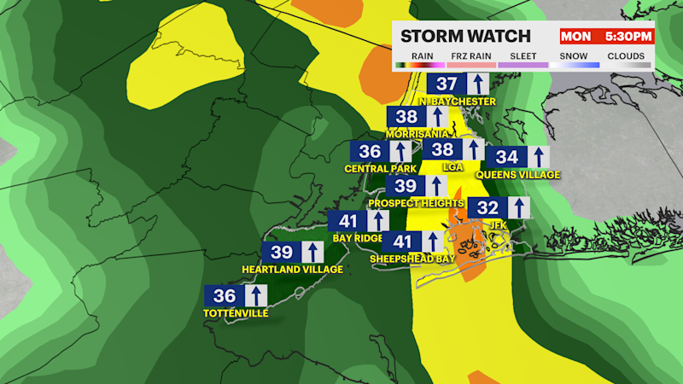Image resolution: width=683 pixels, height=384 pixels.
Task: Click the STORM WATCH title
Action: point(466,37)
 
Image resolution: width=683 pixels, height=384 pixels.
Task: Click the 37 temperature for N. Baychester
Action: point(446,84)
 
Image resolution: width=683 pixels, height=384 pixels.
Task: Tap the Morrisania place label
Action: point(417,135)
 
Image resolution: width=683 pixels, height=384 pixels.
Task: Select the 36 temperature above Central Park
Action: point(371,151)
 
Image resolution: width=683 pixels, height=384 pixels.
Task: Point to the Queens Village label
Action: point(517,175)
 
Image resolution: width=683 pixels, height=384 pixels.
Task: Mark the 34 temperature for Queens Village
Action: point(506,157)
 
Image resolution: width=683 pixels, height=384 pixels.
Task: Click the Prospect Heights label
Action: point(416,203)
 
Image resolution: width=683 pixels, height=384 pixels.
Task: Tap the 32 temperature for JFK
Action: point(487,207)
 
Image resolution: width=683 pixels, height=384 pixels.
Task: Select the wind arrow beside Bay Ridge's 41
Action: point(377,220)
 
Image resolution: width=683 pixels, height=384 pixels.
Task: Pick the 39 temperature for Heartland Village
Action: point(282,252)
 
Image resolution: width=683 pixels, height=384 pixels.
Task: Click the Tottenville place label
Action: point(236,313)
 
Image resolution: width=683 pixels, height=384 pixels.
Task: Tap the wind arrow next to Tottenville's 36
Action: point(254,295)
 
